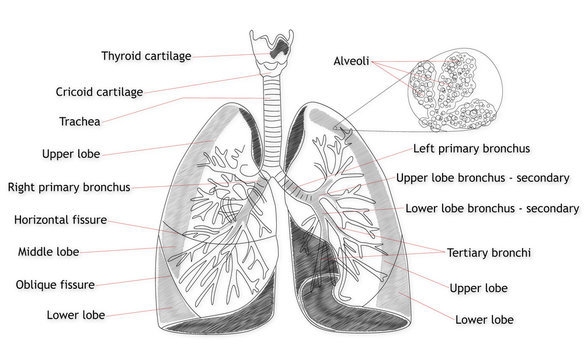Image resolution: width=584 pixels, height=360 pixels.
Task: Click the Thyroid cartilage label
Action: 146,56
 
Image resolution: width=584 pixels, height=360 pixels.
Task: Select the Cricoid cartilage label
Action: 99,92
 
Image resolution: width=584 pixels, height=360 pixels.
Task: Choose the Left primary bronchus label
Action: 471,148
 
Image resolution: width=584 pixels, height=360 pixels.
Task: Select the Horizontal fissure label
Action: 61,219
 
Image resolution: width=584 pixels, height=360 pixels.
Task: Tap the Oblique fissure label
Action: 56,285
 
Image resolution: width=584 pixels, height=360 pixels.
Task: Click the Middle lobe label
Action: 50,252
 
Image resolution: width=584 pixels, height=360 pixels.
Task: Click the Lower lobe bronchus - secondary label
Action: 493,209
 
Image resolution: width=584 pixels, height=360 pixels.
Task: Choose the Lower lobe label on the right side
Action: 484,320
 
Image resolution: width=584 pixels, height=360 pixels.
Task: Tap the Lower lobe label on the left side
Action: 76,315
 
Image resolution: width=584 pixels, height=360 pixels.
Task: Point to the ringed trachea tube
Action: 270,120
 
